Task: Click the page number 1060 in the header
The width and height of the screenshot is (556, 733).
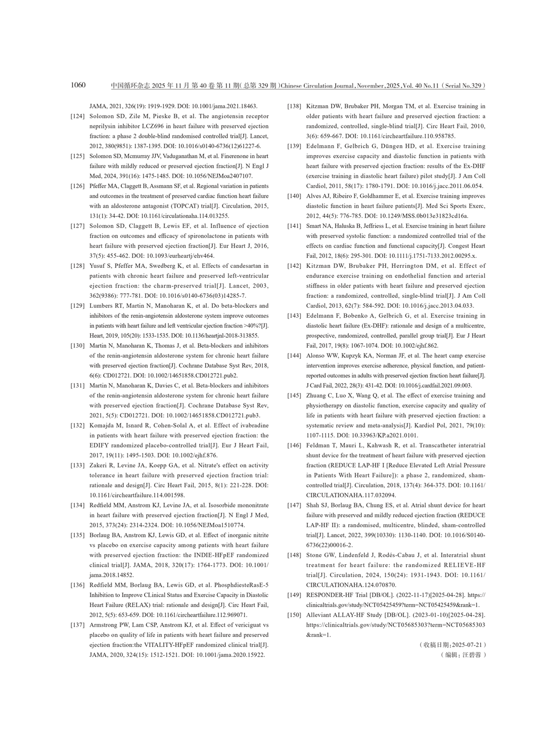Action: [78, 85]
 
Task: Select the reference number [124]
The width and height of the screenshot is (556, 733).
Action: [77, 117]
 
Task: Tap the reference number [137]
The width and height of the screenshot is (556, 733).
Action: [77, 625]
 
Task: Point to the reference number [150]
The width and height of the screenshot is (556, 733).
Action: [294, 615]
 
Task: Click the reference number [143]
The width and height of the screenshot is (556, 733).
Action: [294, 316]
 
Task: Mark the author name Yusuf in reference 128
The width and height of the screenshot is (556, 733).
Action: [98, 266]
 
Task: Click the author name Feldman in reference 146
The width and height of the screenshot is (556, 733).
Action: [318, 445]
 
